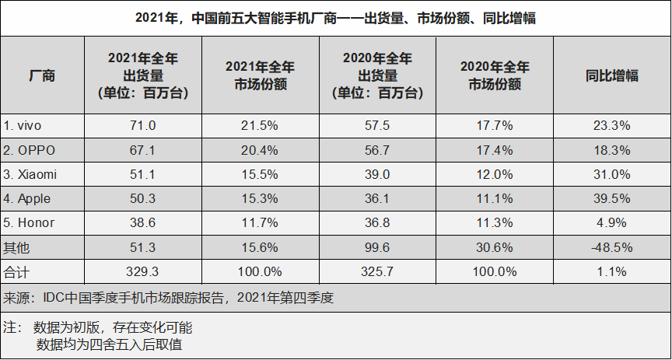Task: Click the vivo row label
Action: (x=24, y=124)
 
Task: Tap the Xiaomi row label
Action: (x=30, y=174)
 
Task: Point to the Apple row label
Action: (x=28, y=198)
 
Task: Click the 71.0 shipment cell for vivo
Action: (x=143, y=124)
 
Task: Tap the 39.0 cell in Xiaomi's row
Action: (x=377, y=174)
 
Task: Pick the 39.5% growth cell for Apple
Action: (x=611, y=198)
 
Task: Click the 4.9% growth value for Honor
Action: (x=611, y=222)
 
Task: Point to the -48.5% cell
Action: (x=611, y=247)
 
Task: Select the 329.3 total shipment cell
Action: (x=143, y=271)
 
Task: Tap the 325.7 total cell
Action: (x=377, y=271)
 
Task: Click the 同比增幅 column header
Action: (x=611, y=75)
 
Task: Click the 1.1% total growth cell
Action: (x=611, y=271)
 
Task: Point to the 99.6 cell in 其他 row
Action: (x=377, y=247)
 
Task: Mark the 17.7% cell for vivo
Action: (x=494, y=124)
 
